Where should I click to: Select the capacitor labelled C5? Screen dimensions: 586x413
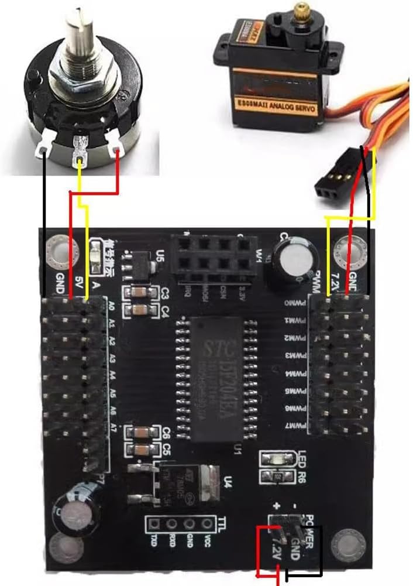pyautogui.click(x=140, y=450)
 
